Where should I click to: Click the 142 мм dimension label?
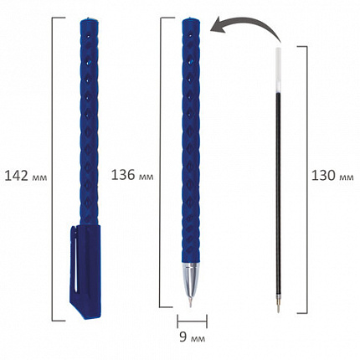[26, 176]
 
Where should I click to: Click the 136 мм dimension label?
[132, 175]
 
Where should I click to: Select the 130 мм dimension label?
[332, 176]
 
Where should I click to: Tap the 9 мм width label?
[192, 337]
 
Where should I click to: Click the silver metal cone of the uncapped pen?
[191, 278]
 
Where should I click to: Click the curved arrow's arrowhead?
[219, 26]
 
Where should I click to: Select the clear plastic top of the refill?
[278, 69]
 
